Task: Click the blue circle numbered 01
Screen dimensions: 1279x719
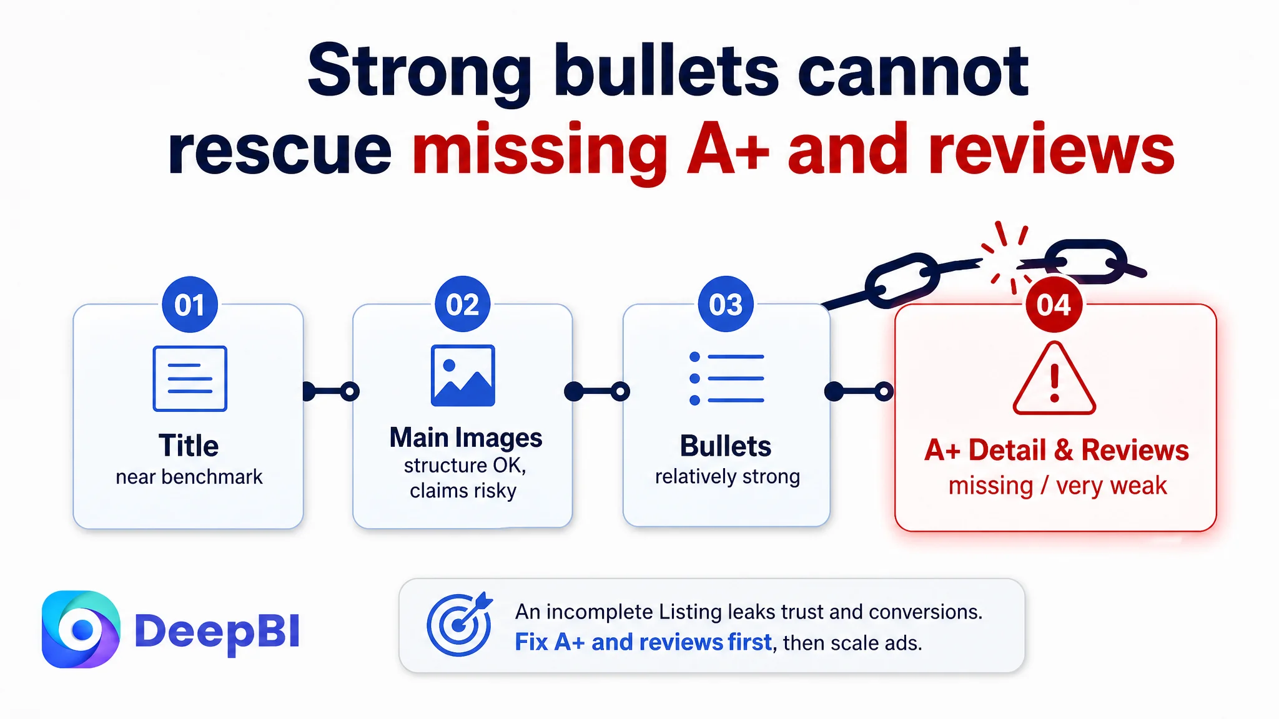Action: [190, 305]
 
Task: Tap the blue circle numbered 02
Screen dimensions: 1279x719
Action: [463, 304]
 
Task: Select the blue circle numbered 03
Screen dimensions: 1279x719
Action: [726, 304]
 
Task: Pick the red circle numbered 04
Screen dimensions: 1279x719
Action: [1054, 305]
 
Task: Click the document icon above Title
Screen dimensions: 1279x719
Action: [190, 378]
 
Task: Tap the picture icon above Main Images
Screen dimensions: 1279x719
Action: [463, 375]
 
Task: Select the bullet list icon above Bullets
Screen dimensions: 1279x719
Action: [726, 378]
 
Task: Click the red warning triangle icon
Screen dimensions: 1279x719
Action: [1054, 378]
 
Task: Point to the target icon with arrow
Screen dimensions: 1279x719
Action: [460, 624]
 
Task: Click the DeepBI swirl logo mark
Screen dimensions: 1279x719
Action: [81, 629]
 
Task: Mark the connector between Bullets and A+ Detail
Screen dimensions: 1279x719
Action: [859, 391]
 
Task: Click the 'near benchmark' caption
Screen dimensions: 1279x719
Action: [189, 477]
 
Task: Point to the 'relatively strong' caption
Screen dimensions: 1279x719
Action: [728, 477]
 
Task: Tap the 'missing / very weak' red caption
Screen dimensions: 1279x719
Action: [1057, 486]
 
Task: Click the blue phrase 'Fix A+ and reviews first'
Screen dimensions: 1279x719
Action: [643, 642]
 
